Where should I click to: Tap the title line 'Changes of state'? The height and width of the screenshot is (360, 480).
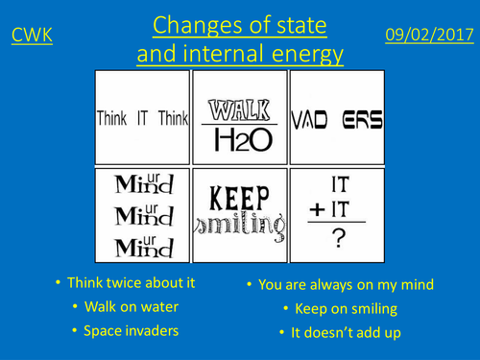tap(239, 23)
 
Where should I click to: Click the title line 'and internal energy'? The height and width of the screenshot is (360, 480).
tap(239, 54)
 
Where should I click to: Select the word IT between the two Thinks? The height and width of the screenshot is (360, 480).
tap(143, 118)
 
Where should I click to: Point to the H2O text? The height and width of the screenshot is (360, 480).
tap(239, 139)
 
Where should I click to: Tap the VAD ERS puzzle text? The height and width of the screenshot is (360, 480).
tap(336, 120)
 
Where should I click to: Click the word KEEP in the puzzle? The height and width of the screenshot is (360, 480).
tap(239, 197)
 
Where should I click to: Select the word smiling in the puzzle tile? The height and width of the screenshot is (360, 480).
tap(239, 227)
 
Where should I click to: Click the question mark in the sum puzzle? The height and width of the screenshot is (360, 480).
tap(337, 239)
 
